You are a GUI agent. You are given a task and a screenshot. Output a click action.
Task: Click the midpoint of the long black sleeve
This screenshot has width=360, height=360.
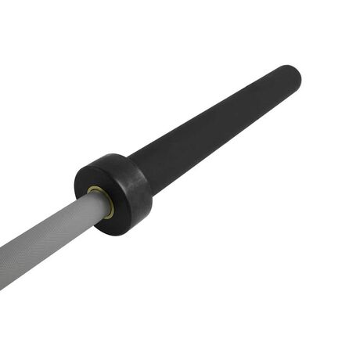tap(215, 125)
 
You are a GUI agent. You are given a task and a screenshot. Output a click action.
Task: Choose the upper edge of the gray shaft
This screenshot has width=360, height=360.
tap(47, 220)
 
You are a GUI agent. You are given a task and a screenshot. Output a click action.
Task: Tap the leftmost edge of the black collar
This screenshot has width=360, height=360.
tap(75, 184)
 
